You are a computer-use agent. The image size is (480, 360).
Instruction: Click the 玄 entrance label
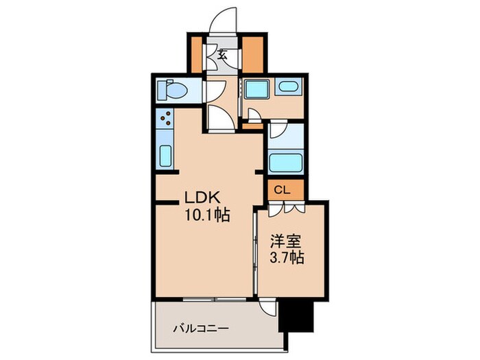(x=223, y=56)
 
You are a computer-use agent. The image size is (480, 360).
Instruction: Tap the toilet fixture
(x=173, y=91)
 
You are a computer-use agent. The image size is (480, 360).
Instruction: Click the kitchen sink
(x=165, y=156)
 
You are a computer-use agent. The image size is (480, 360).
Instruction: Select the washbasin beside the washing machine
(x=289, y=88)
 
